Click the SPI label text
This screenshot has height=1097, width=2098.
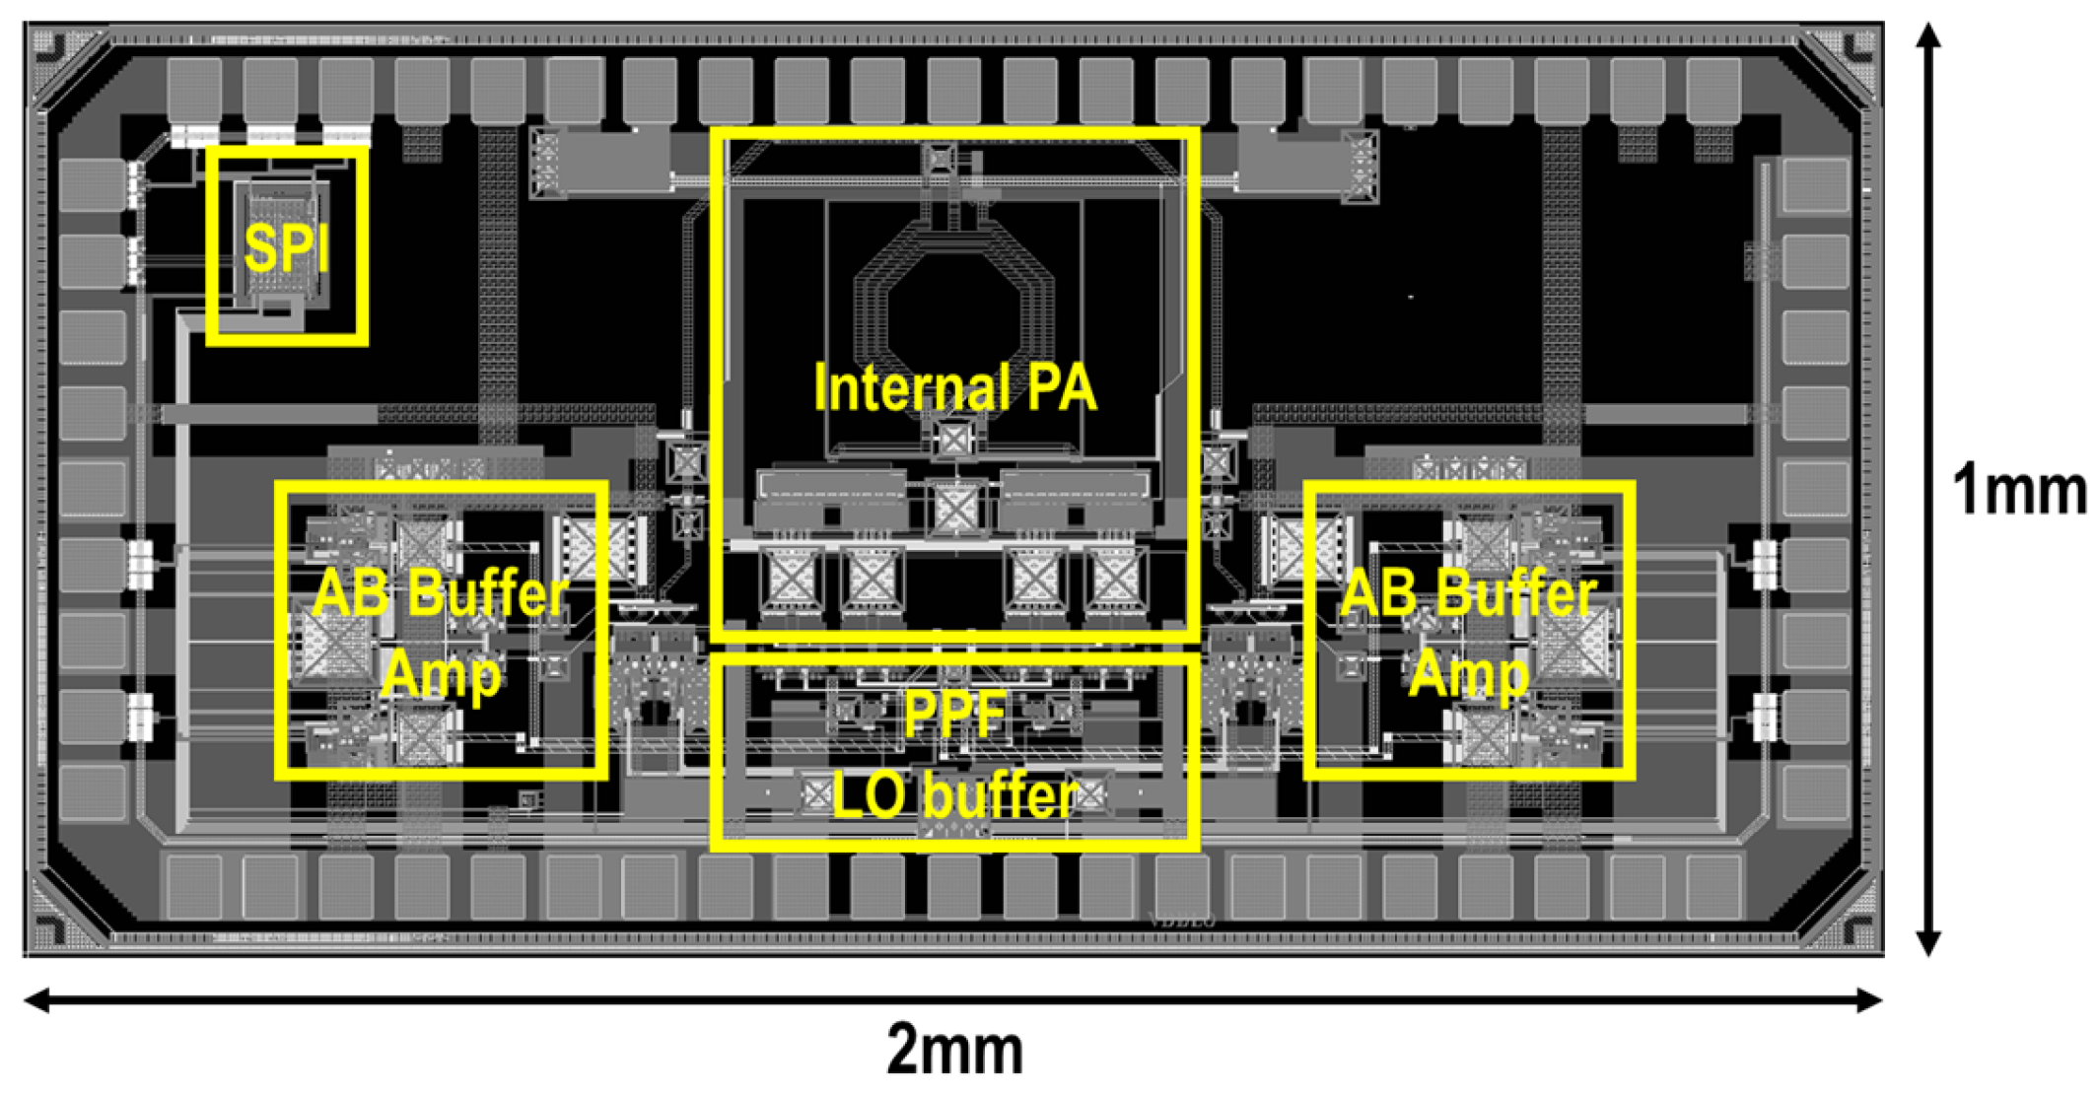(286, 247)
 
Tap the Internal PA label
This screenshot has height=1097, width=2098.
(954, 387)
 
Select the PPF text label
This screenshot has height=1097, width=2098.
(954, 713)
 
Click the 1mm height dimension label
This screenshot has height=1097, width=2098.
(2019, 490)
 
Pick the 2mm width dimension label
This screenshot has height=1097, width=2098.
(954, 1051)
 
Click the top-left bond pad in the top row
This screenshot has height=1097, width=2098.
(194, 90)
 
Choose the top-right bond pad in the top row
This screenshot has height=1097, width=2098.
(1713, 90)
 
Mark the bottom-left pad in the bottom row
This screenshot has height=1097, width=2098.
(194, 886)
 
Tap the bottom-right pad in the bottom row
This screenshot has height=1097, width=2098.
(1713, 886)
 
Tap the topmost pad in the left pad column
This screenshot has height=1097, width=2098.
(93, 184)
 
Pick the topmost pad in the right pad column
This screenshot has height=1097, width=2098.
(1815, 184)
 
